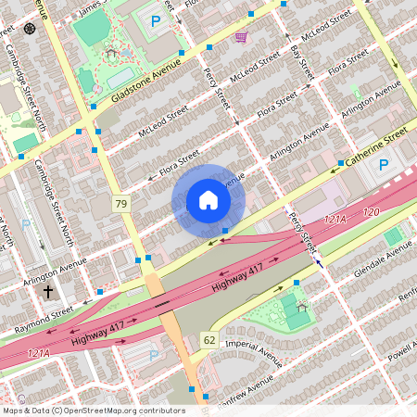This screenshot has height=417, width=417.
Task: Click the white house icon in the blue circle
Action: coord(208,200)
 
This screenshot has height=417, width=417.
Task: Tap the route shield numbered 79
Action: coord(121,203)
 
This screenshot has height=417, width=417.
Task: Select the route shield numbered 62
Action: coord(209,340)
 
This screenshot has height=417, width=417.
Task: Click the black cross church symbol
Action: coord(48,292)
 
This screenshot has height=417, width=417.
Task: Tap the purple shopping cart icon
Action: coord(241,36)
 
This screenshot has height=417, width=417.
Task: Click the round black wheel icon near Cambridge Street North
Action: coord(30,28)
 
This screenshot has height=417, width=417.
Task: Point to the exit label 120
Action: coord(372,212)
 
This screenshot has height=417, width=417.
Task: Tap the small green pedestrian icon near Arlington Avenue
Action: coord(356,91)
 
